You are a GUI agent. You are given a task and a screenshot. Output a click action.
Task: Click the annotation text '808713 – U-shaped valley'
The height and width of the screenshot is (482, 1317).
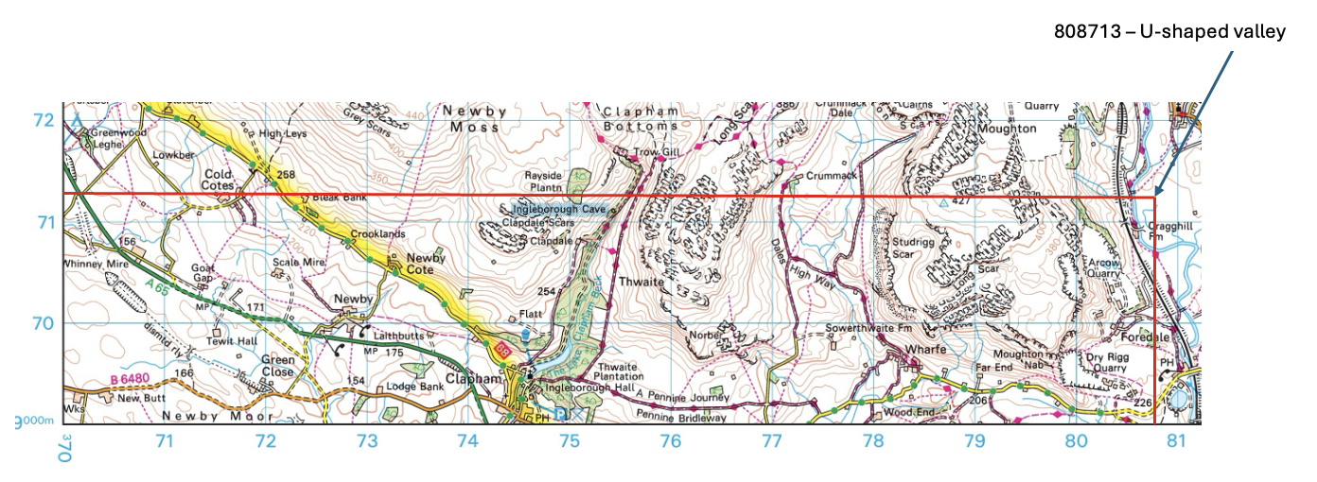click(x=1170, y=32)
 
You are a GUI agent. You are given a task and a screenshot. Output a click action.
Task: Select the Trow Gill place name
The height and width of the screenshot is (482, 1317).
click(x=641, y=151)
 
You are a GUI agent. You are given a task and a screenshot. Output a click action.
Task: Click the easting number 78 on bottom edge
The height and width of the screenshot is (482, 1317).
click(x=872, y=440)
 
